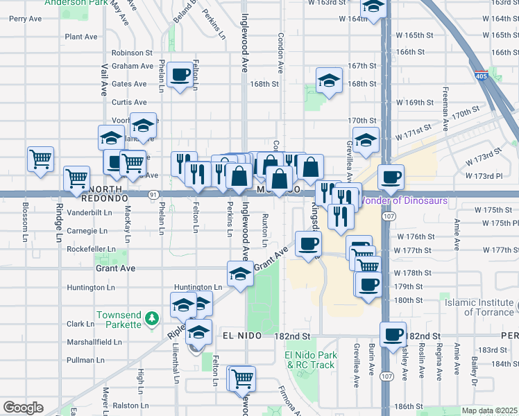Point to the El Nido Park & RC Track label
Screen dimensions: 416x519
(310, 360)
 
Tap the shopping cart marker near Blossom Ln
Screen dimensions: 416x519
(41, 159)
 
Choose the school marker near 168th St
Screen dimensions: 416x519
(329, 80)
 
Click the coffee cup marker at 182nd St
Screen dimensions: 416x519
(393, 333)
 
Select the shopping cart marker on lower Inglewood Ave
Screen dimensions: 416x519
(242, 378)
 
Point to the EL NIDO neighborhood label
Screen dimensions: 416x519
(242, 336)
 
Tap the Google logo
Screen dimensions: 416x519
(23, 408)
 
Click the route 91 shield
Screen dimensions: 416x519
(152, 196)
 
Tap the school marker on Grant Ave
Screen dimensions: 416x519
(240, 273)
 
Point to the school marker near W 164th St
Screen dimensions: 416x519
(374, 8)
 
